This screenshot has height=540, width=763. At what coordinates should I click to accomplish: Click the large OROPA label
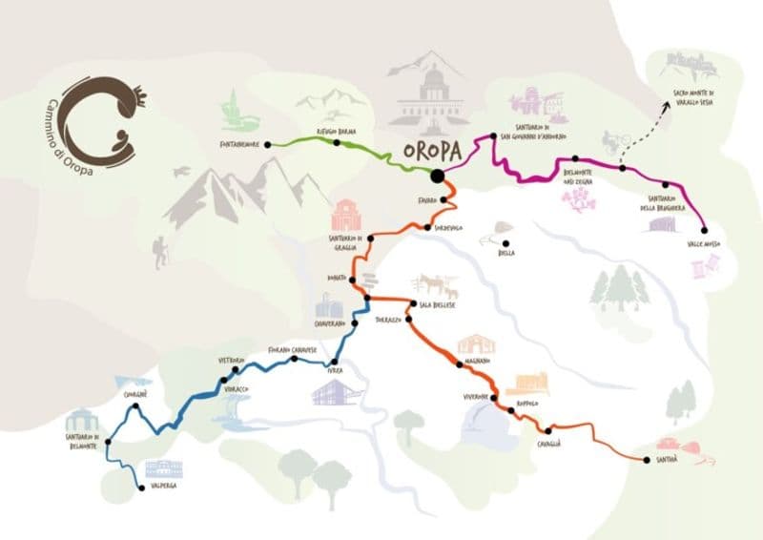click(x=432, y=151)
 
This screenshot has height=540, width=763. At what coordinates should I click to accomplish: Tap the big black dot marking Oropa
click(x=436, y=176)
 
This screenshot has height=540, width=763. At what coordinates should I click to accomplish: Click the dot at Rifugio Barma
click(x=337, y=142)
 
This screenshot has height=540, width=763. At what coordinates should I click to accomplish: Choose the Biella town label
click(x=505, y=253)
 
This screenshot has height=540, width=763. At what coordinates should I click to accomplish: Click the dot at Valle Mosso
click(x=704, y=230)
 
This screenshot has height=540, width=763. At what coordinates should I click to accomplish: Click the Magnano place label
click(x=474, y=362)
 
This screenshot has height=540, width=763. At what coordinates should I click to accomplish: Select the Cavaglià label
click(x=547, y=444)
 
